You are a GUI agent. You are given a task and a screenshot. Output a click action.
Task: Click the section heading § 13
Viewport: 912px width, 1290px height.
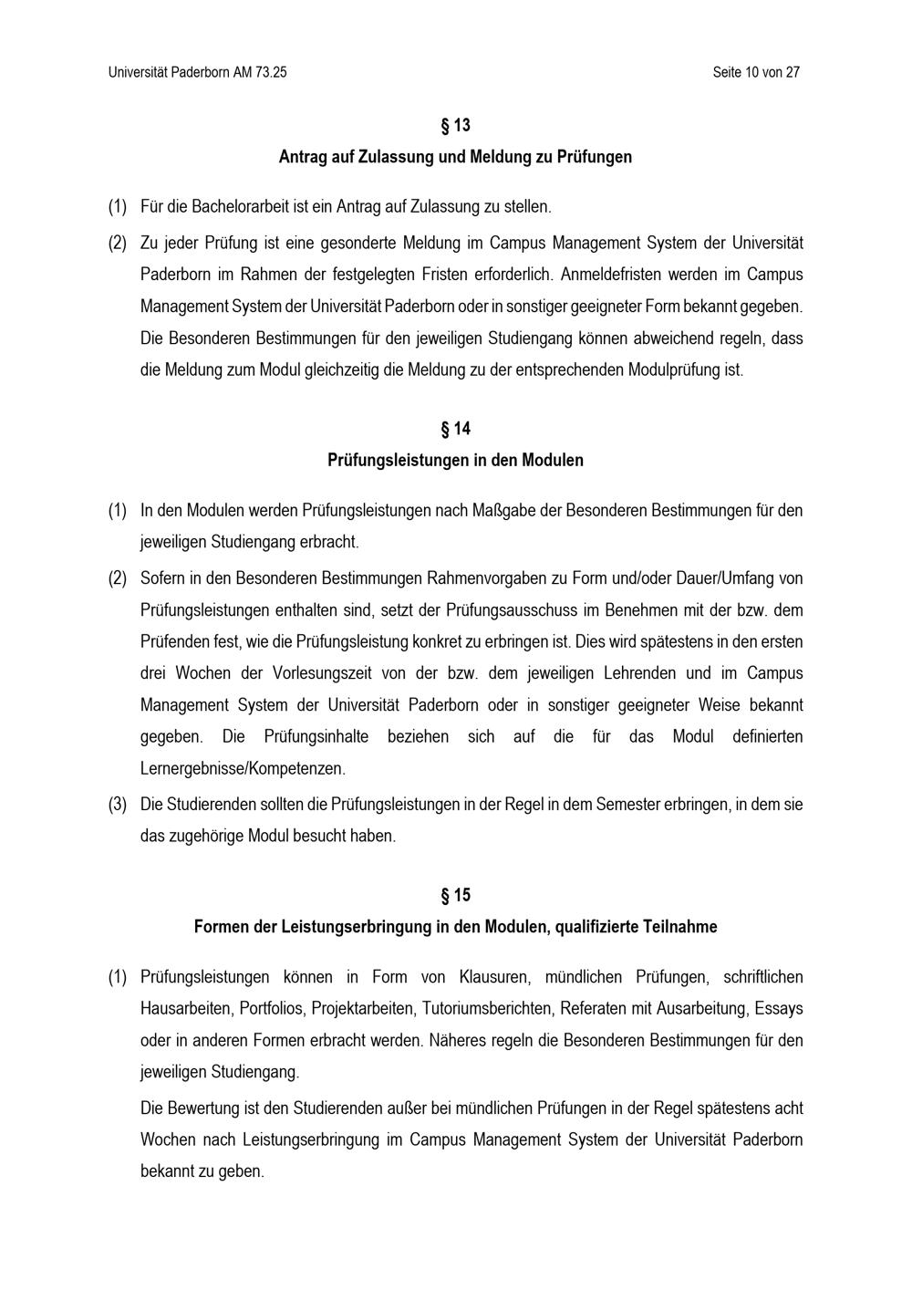pos(455,125)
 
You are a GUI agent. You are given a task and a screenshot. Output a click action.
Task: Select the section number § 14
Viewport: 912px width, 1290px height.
pos(455,429)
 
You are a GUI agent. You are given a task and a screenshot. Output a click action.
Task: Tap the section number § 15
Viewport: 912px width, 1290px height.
pos(455,895)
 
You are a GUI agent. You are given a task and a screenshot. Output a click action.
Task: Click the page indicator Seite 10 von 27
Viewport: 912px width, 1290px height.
pos(756,72)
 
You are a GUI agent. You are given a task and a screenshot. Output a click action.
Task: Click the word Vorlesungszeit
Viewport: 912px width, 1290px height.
pos(316,673)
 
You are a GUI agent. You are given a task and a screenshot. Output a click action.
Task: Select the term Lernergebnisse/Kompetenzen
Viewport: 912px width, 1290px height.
pos(243,768)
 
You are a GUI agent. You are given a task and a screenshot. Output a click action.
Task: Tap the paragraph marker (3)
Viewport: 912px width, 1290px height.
pos(118,805)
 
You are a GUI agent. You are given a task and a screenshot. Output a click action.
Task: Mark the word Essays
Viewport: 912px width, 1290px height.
pos(781,1009)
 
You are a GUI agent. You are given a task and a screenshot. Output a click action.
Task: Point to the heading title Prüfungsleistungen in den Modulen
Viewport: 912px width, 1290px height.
pos(455,461)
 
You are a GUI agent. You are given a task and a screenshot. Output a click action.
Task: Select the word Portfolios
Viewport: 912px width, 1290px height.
pos(272,1009)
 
